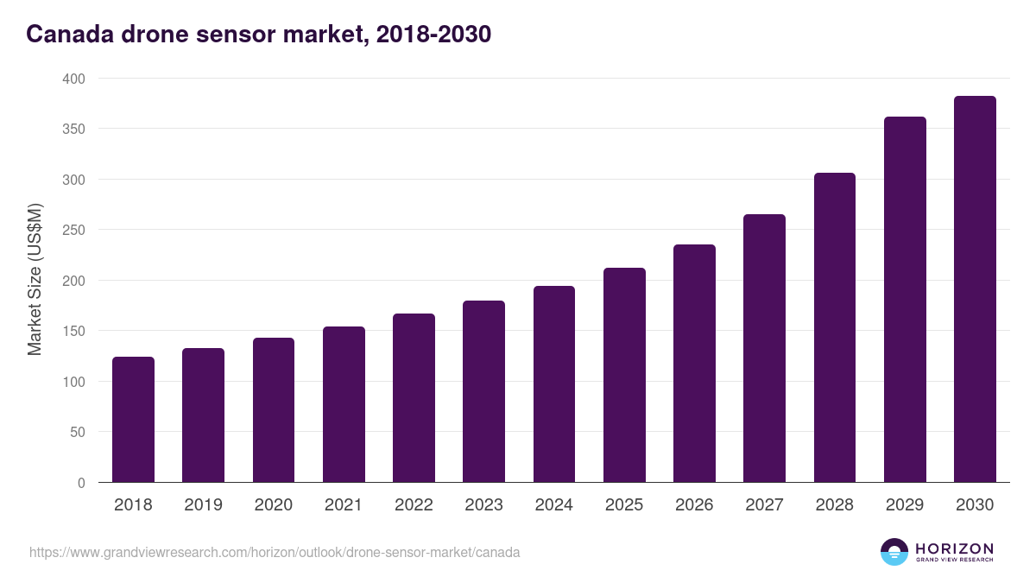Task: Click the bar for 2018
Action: [133, 420]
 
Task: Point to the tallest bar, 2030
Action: [975, 289]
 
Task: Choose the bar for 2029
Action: [905, 300]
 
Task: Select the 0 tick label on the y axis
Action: [81, 483]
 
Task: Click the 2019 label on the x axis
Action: [203, 505]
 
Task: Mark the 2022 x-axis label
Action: [414, 505]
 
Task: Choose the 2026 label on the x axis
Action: [694, 505]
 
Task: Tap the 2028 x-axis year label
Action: [834, 505]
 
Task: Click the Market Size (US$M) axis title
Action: [35, 280]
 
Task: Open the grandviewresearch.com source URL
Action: [275, 552]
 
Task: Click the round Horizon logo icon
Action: [894, 552]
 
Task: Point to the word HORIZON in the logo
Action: [954, 548]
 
